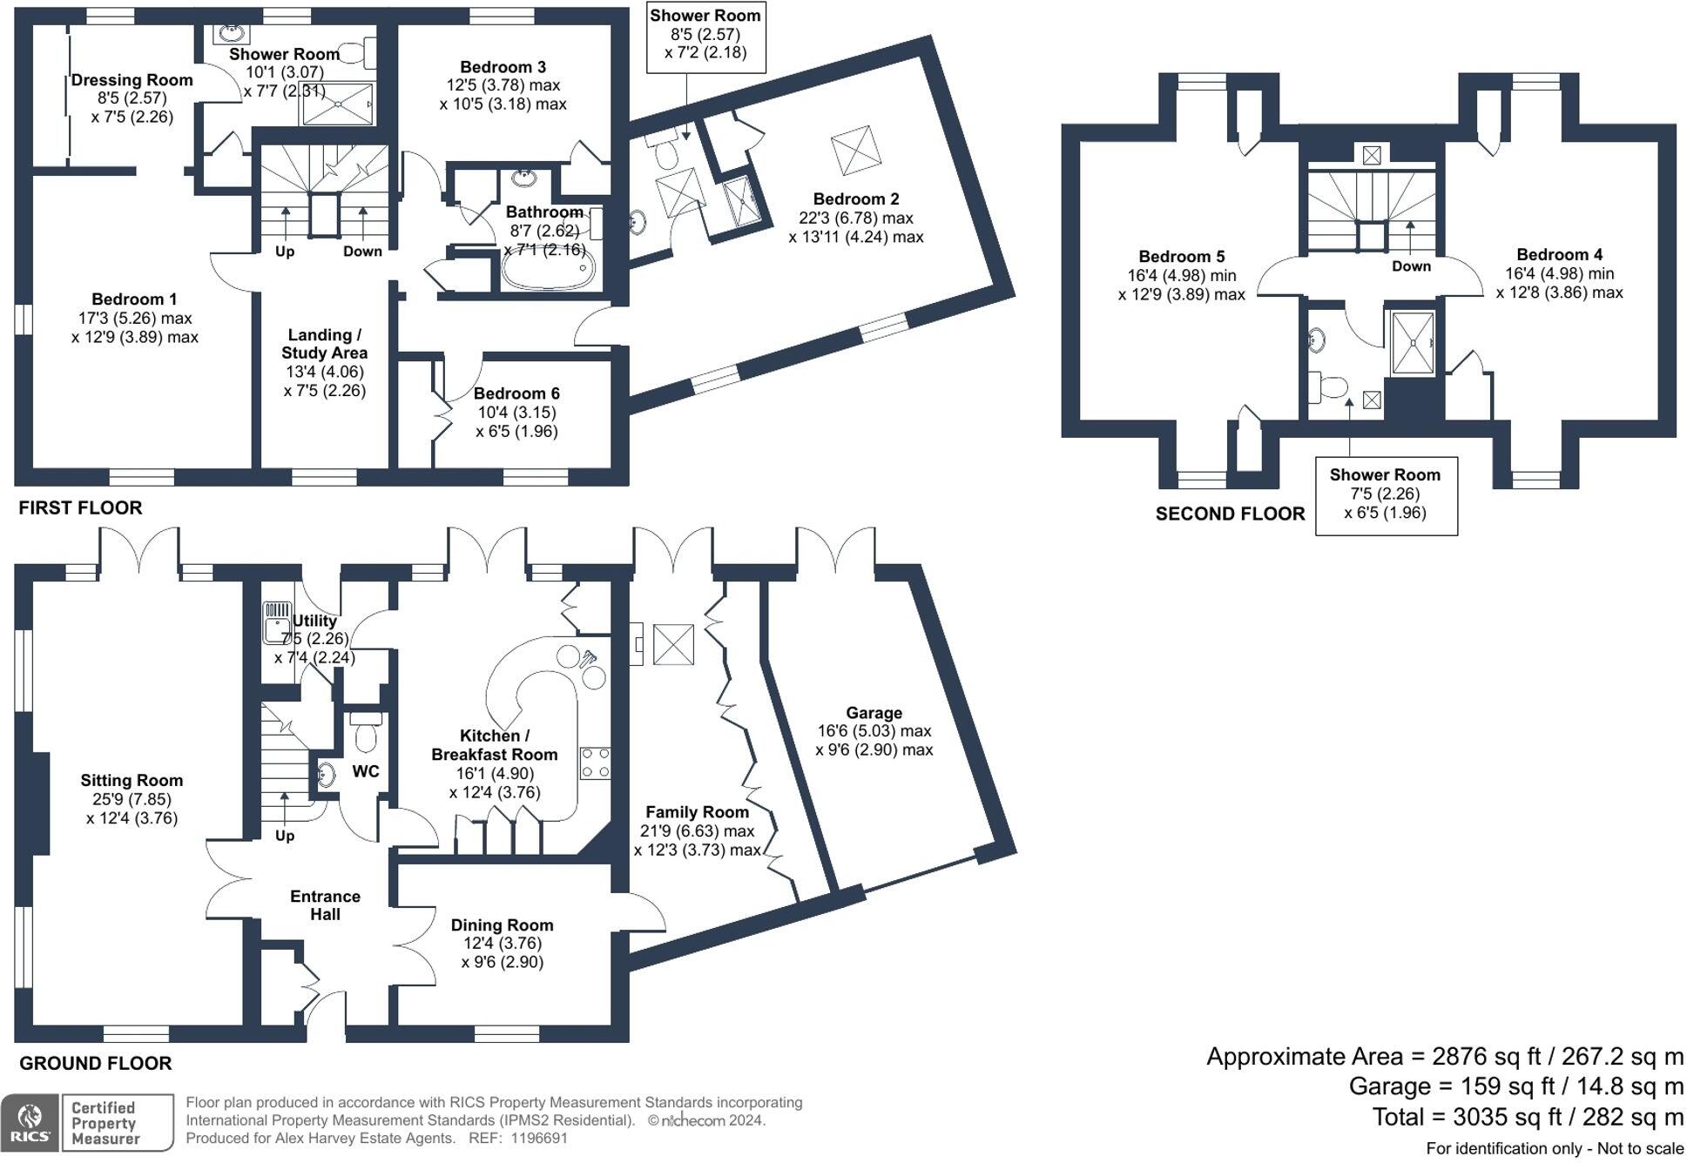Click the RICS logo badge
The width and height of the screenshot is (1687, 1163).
tap(30, 1123)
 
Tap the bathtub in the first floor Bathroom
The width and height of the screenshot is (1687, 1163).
tap(549, 270)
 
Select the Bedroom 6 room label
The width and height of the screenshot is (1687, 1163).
tap(516, 393)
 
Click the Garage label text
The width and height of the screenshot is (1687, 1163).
tap(874, 713)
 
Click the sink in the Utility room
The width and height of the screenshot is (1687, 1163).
tap(278, 622)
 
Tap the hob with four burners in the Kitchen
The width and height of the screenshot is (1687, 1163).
tap(595, 763)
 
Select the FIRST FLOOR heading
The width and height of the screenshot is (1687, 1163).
tap(80, 508)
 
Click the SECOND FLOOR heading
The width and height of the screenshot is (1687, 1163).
tap(1230, 514)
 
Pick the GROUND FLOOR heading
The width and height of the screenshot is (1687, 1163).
tap(96, 1063)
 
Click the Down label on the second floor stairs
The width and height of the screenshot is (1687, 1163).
tap(1411, 266)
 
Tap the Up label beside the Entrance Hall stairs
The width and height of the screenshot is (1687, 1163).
tap(285, 836)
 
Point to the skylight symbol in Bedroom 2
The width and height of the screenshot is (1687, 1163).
tap(851, 151)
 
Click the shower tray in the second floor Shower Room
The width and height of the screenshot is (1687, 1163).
tap(1412, 344)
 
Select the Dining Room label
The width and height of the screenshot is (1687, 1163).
tap(502, 924)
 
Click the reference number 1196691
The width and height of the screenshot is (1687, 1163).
tap(538, 1138)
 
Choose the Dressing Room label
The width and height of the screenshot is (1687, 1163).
tap(132, 80)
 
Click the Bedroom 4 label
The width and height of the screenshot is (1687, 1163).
tap(1559, 255)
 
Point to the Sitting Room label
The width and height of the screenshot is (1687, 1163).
tap(132, 781)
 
